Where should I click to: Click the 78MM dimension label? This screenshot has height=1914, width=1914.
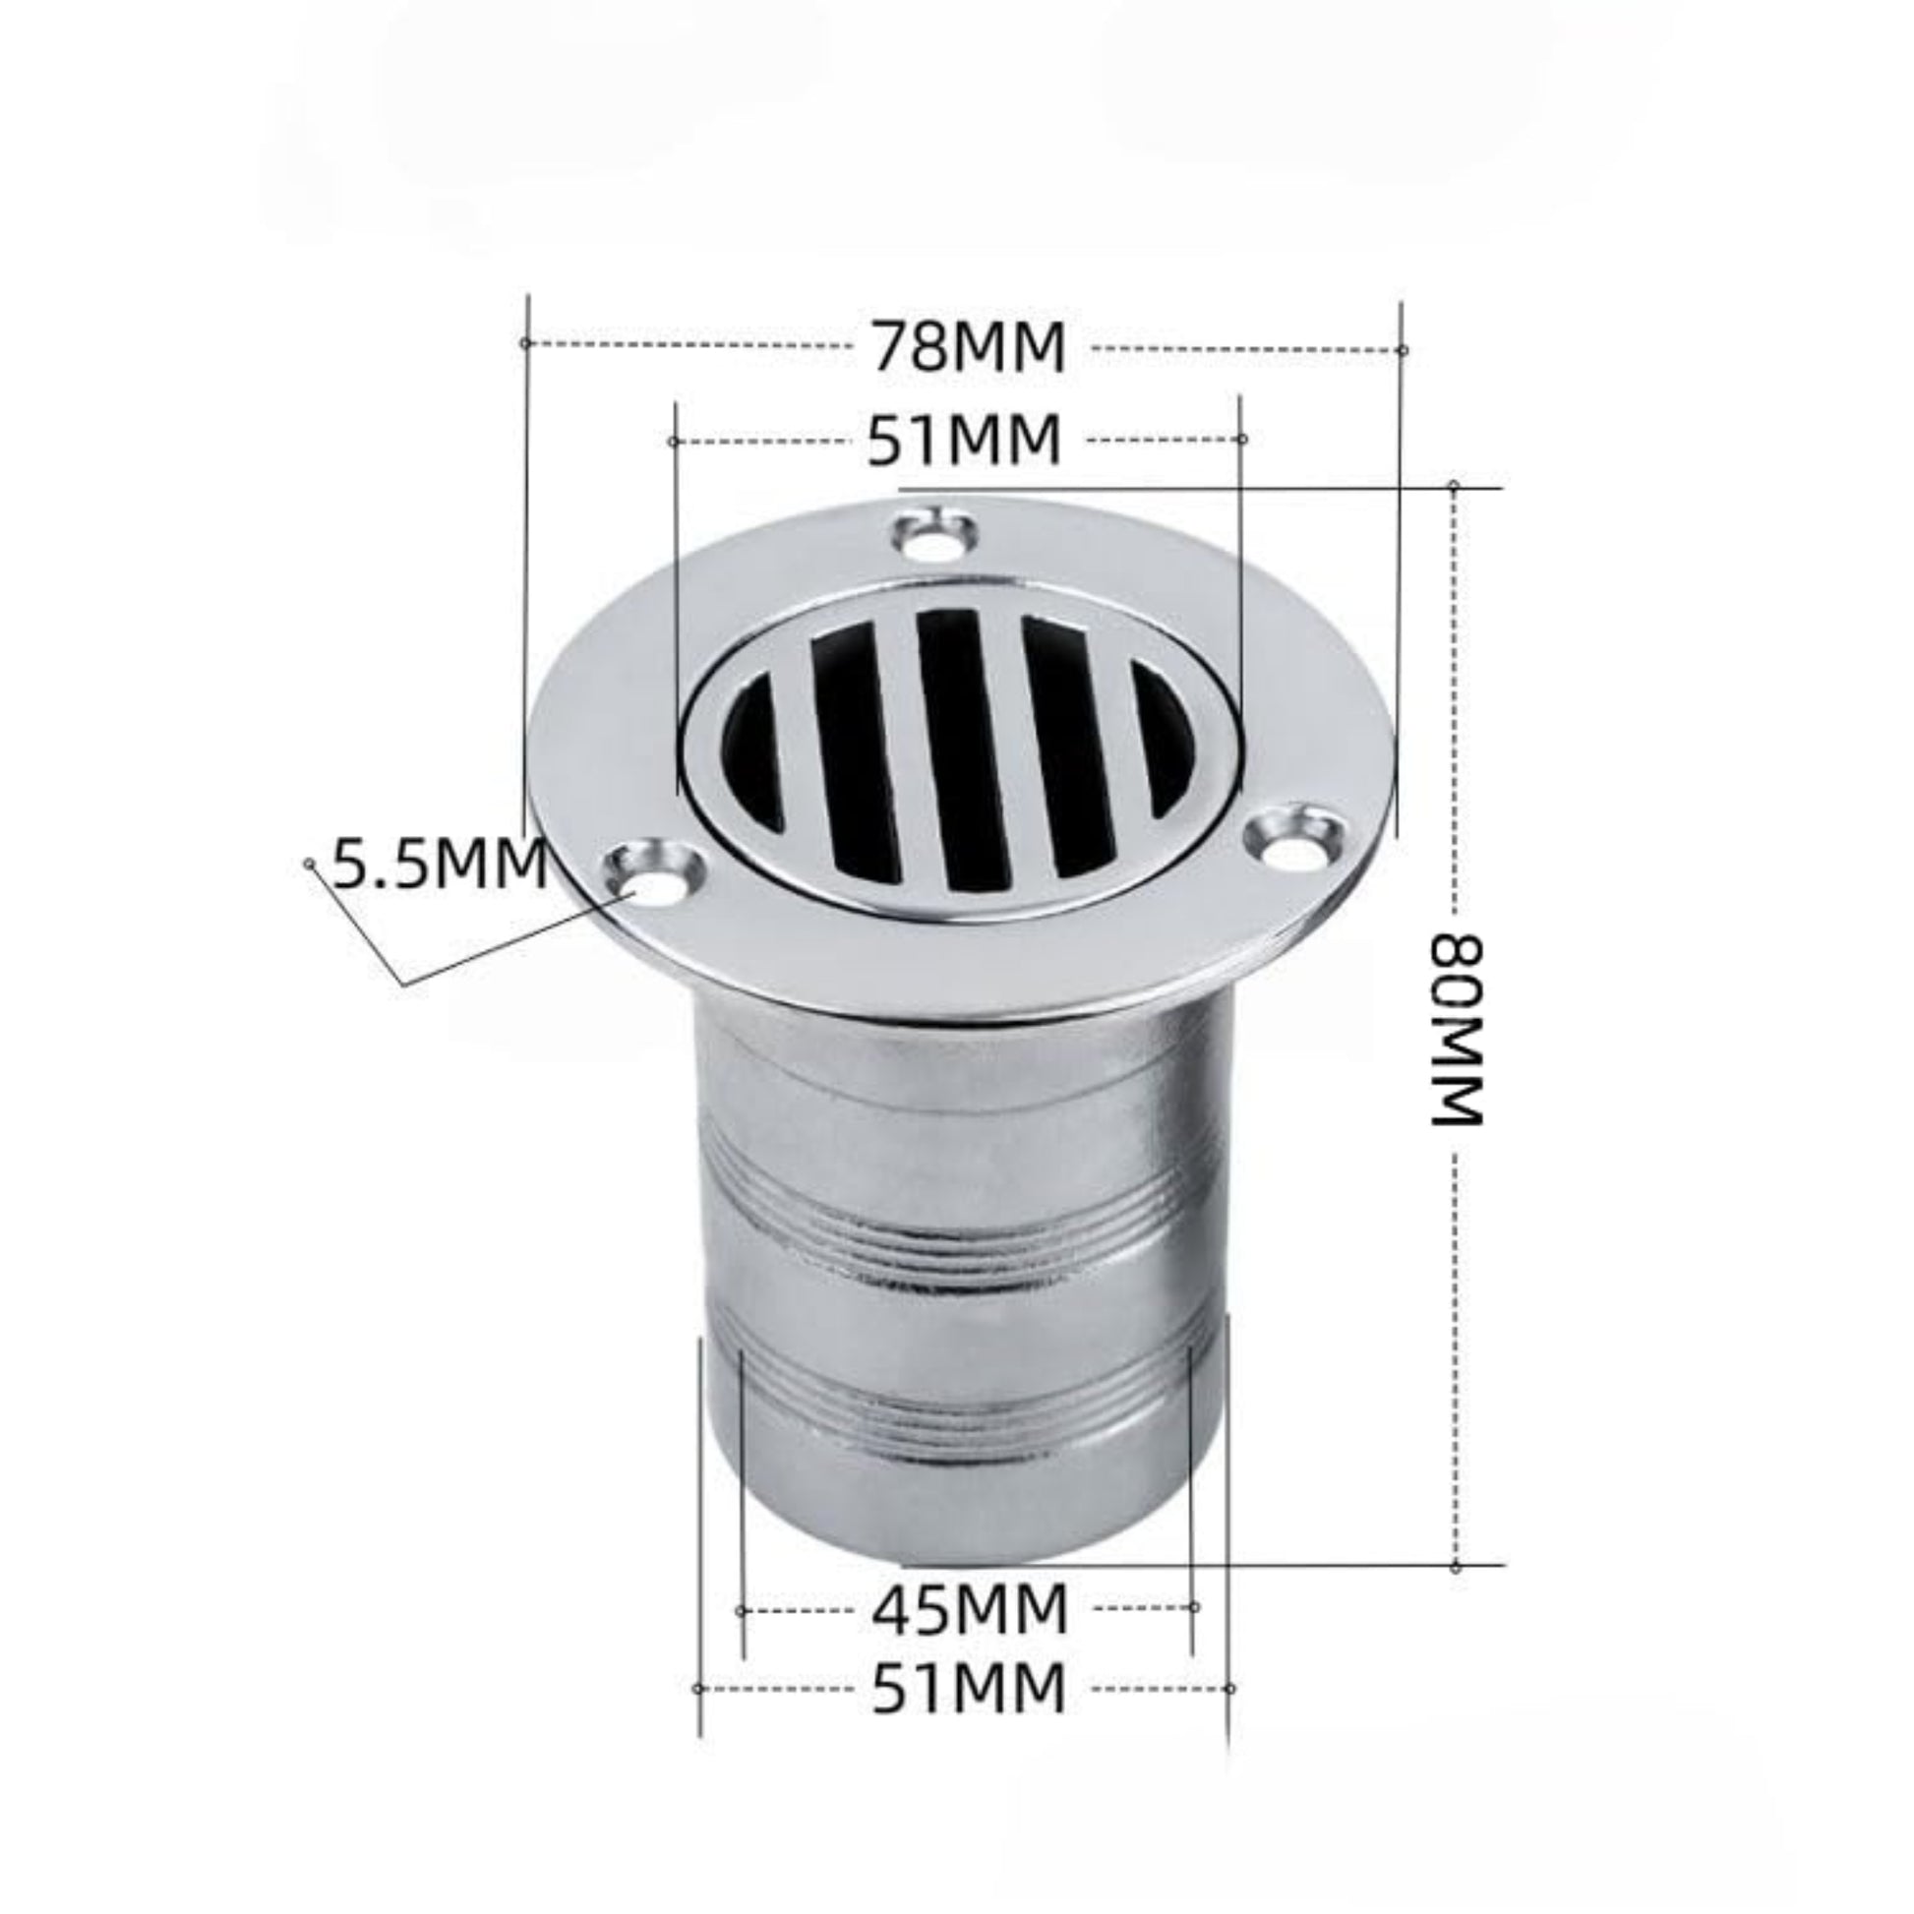[x=969, y=347]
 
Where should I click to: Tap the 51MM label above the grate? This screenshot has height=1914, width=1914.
[x=965, y=440]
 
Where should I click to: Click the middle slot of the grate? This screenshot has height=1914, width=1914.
[x=953, y=748]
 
